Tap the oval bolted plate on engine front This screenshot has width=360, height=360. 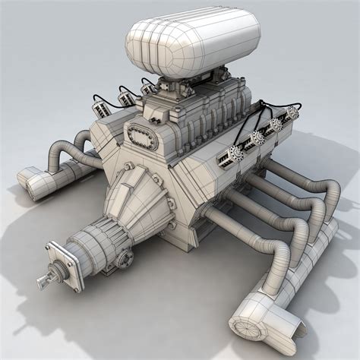coord(142,135)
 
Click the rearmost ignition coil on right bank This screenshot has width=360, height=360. coord(291,114)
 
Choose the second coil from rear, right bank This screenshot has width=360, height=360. coord(274,125)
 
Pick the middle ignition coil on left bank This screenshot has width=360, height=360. coord(125,96)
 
